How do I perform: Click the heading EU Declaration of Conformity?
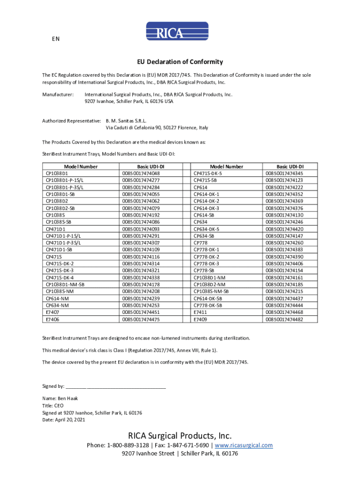coord(180,62)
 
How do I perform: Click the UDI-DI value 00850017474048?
coord(141,173)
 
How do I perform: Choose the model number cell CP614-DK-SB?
coord(208,298)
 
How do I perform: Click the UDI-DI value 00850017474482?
coord(284,319)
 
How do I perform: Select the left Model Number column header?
coord(81,167)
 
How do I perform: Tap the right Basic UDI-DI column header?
coord(290,167)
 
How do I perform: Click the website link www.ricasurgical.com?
coord(244,445)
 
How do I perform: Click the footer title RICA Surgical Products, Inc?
coord(180,435)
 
